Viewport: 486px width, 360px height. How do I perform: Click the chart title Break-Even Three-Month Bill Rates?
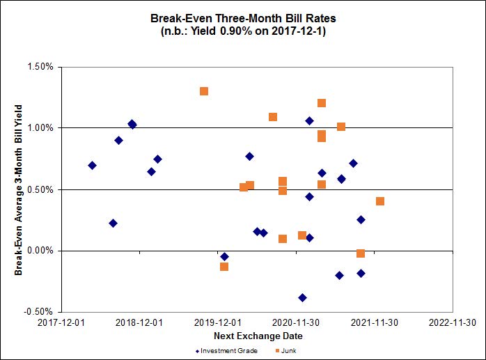click(x=243, y=19)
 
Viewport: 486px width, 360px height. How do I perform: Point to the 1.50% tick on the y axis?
click(x=40, y=67)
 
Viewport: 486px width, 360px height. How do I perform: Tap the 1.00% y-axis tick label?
click(x=40, y=128)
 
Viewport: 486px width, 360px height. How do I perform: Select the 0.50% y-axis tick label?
click(x=40, y=189)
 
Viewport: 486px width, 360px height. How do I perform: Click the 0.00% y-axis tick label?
click(x=40, y=251)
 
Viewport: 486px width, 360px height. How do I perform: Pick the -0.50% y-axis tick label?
click(x=38, y=312)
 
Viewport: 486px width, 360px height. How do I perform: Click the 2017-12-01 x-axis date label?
click(x=61, y=323)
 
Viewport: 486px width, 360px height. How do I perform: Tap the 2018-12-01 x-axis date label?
click(x=139, y=323)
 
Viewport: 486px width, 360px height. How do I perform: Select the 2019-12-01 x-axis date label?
click(x=217, y=323)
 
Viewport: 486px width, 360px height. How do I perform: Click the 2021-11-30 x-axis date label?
click(x=374, y=323)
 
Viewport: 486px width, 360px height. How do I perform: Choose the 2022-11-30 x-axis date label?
click(x=453, y=323)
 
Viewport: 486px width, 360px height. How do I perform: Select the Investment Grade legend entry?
click(x=227, y=350)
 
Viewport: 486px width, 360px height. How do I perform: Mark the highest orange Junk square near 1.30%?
click(x=204, y=91)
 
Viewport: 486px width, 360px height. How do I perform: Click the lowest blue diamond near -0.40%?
click(x=302, y=297)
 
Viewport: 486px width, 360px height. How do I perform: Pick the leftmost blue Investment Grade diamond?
click(x=92, y=165)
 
